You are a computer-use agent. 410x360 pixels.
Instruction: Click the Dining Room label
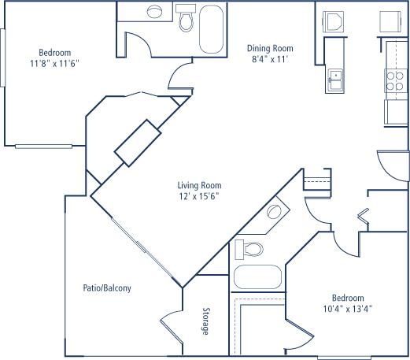(x=270, y=48)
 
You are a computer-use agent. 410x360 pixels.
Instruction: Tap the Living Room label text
(x=199, y=185)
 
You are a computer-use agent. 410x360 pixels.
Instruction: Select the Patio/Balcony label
(x=107, y=288)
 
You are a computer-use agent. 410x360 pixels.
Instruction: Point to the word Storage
(x=206, y=321)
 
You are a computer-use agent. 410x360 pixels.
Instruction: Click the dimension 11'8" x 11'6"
(x=54, y=64)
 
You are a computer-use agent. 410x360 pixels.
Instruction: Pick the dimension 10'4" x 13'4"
(x=348, y=309)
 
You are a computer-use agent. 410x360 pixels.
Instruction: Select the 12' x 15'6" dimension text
(x=199, y=196)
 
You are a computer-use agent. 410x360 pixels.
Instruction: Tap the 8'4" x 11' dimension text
(x=270, y=59)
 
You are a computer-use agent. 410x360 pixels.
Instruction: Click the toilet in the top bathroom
(x=186, y=18)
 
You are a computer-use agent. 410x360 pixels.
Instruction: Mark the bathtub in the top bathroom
(x=212, y=29)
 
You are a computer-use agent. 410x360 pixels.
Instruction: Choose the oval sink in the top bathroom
(x=154, y=12)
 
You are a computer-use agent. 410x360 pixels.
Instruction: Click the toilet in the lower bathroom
(x=249, y=249)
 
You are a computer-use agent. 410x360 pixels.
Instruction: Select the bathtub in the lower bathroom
(x=257, y=276)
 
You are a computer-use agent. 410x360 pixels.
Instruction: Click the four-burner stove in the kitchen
(x=395, y=80)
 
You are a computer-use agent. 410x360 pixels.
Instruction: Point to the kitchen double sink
(x=335, y=81)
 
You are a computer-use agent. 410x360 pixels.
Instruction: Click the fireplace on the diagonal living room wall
(x=138, y=143)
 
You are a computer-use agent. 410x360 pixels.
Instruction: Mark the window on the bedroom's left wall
(x=2, y=58)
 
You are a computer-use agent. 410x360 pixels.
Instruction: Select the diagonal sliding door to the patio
(x=146, y=252)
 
